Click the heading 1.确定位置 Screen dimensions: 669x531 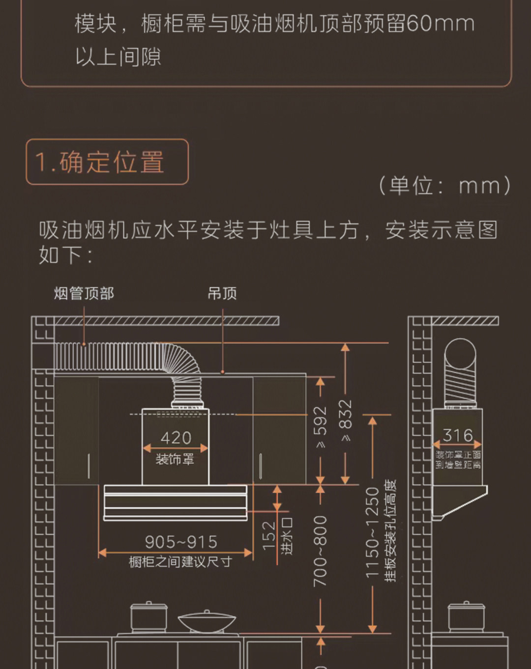point(100,162)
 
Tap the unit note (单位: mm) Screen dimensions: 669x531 point(444,186)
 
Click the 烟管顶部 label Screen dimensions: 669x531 point(84,294)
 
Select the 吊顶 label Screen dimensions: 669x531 point(222,294)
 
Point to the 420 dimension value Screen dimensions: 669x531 point(176,437)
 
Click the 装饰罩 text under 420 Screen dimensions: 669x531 point(175,459)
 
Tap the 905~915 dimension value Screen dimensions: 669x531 point(181,542)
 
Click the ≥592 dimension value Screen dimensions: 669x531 point(320,427)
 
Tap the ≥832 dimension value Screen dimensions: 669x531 point(346,420)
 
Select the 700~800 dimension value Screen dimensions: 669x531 point(320,550)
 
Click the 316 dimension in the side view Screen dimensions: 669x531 point(457,435)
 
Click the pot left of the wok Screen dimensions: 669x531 point(148,617)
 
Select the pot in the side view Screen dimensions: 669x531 point(466,617)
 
